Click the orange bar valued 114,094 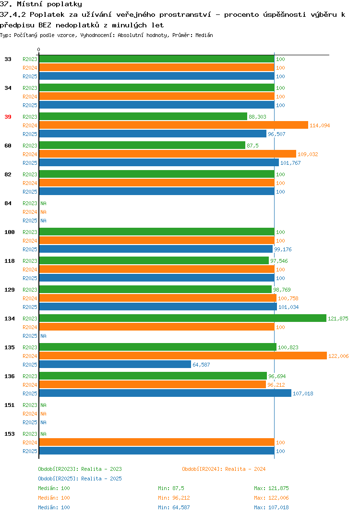[x=174, y=125]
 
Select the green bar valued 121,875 [x=183, y=318]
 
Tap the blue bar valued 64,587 [x=115, y=364]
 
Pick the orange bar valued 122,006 [x=183, y=356]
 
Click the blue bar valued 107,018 [x=165, y=393]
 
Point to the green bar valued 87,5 [x=142, y=146]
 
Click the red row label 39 [x=8, y=117]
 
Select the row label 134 [x=10, y=319]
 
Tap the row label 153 [x=10, y=434]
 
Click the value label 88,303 [x=257, y=117]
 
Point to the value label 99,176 [x=283, y=249]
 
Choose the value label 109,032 [x=308, y=154]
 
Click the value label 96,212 [x=276, y=385]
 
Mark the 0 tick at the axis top [x=39, y=49]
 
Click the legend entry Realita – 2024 [x=224, y=469]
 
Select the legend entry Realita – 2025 [x=80, y=479]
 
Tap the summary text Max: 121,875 [x=271, y=488]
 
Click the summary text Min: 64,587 [x=174, y=507]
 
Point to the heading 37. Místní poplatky [x=41, y=4]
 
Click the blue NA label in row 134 [x=43, y=336]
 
